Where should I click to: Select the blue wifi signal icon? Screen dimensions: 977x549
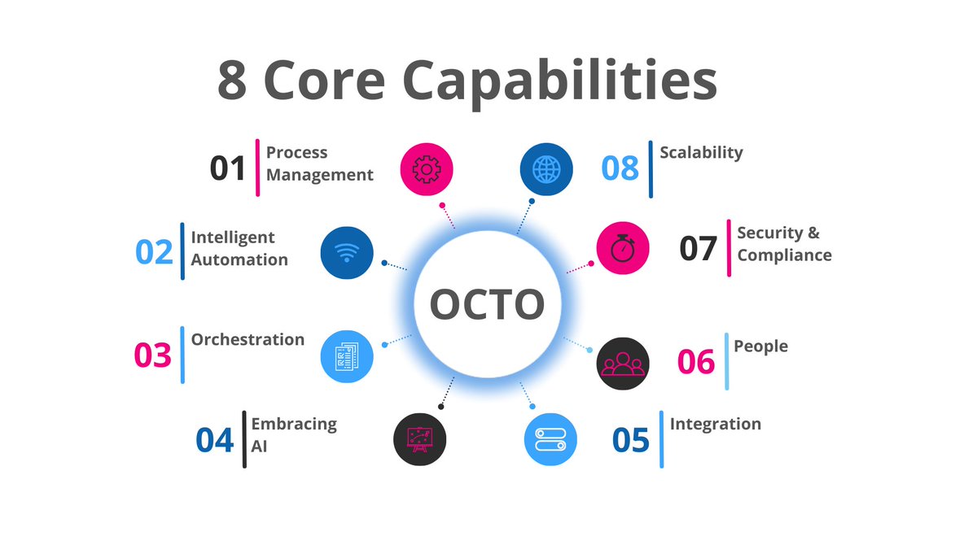pos(348,253)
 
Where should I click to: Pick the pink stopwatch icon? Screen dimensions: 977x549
pos(623,249)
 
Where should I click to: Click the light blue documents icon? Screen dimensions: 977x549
pos(348,355)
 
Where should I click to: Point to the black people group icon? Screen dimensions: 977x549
pos(623,364)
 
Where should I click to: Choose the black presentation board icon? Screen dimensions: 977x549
pos(420,439)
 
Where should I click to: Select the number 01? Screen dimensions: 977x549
pos(228,168)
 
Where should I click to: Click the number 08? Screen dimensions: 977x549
pos(620,168)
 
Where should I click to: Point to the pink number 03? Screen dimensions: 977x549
pos(153,355)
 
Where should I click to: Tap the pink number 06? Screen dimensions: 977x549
pos(696,362)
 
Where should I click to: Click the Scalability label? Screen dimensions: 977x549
pos(701,152)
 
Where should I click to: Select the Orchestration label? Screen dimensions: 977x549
pos(248,339)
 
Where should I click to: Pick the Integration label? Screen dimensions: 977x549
pos(715,424)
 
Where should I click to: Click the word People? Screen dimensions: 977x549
pos(760,346)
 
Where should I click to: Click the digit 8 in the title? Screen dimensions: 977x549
pos(233,81)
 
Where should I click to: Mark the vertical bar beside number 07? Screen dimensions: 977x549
pos(729,248)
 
